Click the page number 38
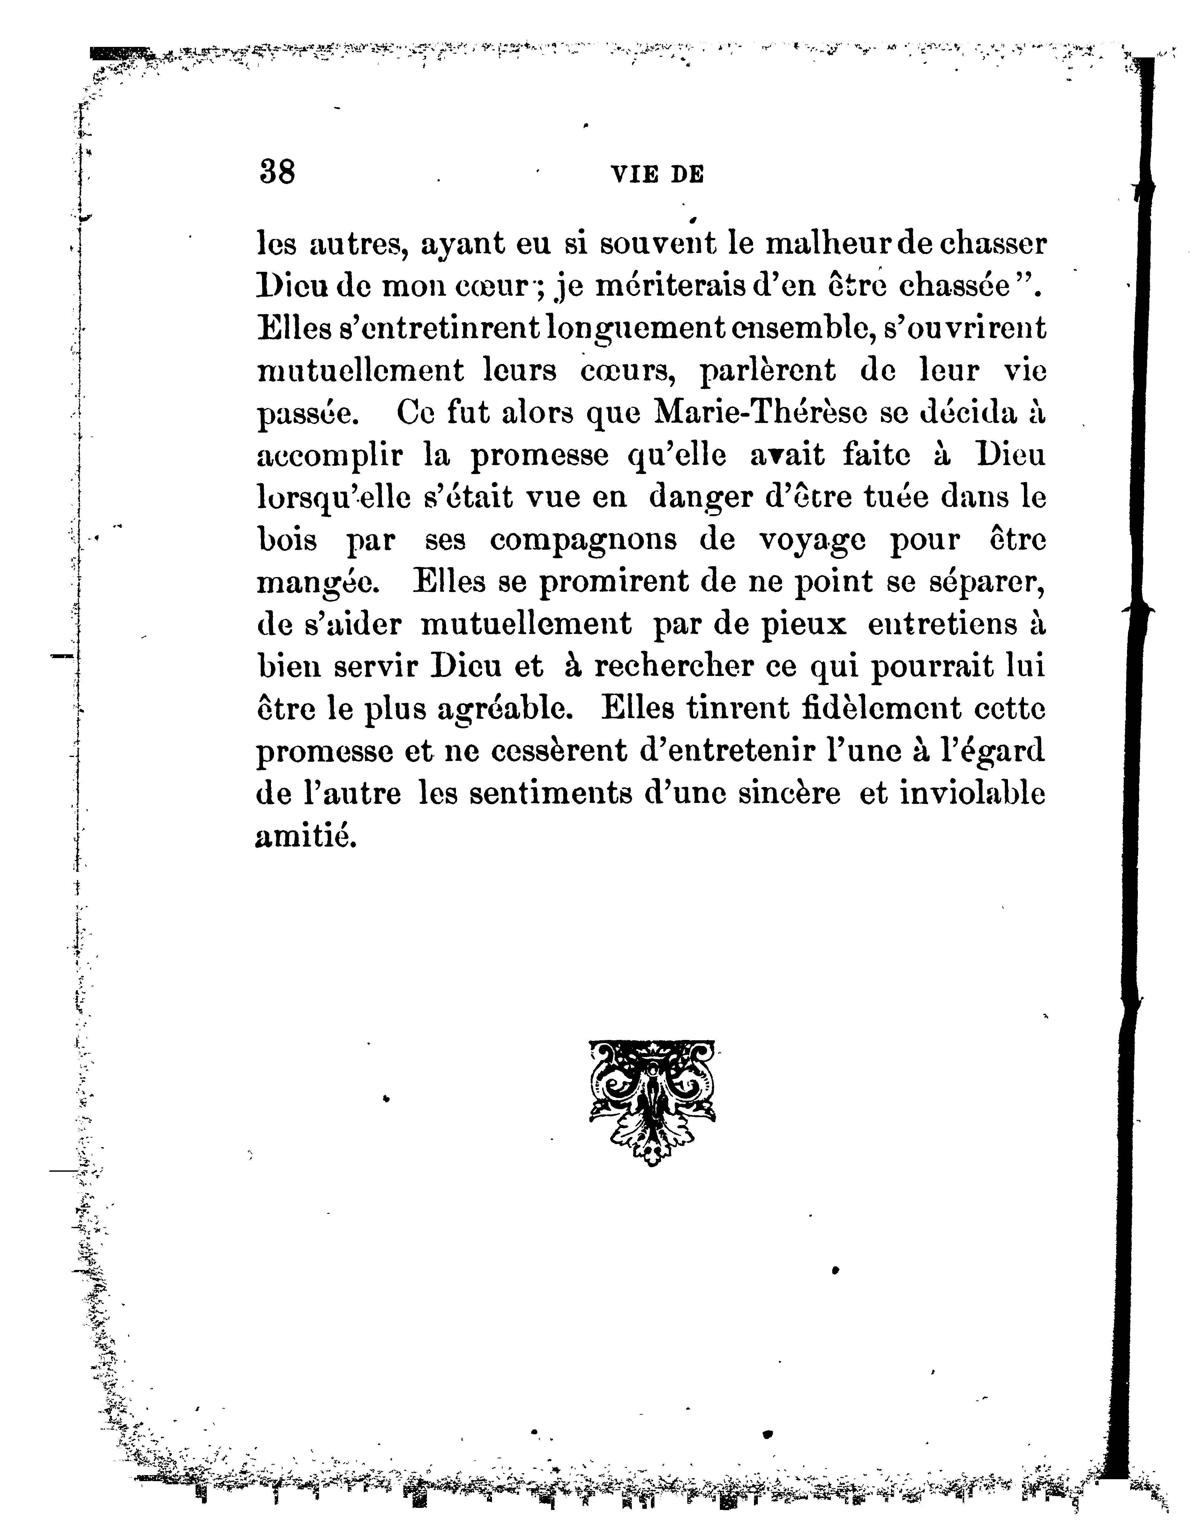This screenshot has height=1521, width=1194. coord(277,171)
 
